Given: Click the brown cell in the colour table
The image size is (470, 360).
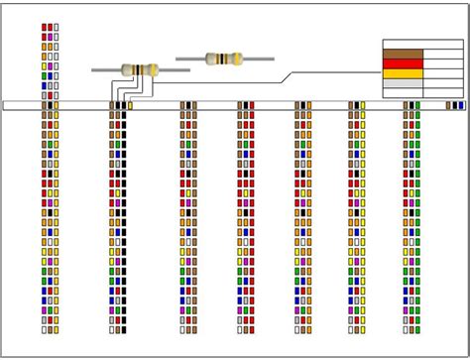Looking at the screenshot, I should tap(403, 55).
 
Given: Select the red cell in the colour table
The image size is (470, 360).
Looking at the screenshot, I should tap(403, 64).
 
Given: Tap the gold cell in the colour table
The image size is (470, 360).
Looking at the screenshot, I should tap(403, 74).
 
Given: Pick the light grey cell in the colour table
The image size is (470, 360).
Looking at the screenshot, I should tap(403, 84).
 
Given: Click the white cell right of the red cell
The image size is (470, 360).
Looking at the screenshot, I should tap(442, 64).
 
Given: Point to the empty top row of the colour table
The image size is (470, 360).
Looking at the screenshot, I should tap(422, 45).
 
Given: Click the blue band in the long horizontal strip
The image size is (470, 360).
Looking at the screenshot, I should tap(461, 105).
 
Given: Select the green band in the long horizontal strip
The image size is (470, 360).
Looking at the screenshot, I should tap(416, 105).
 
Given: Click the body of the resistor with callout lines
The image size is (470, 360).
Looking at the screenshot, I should tap(141, 69).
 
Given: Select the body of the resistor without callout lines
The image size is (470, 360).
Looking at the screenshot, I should tap(225, 60).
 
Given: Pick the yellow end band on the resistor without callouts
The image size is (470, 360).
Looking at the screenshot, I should tap(238, 60).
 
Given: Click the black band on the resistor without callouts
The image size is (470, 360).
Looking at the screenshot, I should tap(220, 60).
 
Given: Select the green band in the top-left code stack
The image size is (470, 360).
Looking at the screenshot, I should tap(45, 75).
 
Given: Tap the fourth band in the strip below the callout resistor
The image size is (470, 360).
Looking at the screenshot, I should tap(130, 105).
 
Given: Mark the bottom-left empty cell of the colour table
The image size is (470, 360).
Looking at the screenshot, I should tap(403, 93).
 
